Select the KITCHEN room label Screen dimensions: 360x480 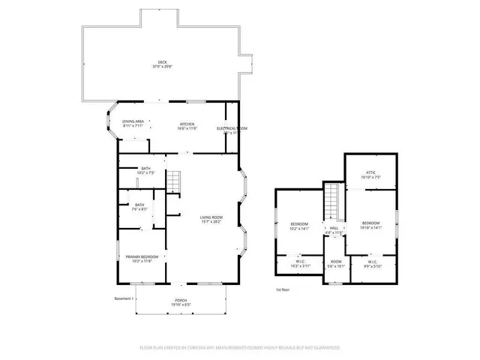[187, 125]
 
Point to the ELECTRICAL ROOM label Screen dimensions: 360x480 [232, 130]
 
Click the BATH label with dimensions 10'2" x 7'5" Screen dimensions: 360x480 [145, 170]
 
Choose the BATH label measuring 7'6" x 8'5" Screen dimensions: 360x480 [139, 207]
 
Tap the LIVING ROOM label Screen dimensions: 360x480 [211, 220]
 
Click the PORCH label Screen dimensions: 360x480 [182, 303]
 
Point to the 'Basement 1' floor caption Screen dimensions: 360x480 [122, 299]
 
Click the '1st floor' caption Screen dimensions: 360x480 [282, 289]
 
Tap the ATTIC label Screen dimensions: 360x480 [370, 175]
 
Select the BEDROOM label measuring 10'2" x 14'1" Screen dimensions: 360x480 [299, 226]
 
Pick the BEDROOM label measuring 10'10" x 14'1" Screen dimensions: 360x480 [371, 225]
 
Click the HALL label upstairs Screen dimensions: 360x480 [334, 230]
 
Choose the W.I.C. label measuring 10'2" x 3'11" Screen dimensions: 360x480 [299, 264]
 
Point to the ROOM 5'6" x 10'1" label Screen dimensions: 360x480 [334, 264]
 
